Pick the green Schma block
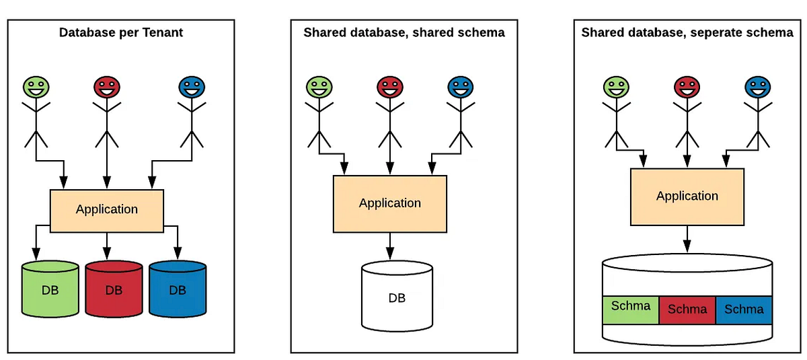[x=631, y=308]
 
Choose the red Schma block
[x=687, y=310]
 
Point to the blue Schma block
[x=744, y=310]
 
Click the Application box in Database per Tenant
[x=107, y=209]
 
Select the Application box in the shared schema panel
[x=390, y=203]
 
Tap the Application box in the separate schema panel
[x=687, y=196]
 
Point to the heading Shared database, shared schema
[x=404, y=32]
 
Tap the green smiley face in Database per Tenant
[x=36, y=87]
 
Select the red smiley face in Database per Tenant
[x=106, y=87]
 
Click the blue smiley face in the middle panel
[x=461, y=87]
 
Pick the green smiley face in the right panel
[x=615, y=87]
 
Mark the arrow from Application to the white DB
[x=390, y=246]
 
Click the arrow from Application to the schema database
[x=687, y=239]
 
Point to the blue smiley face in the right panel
[x=758, y=87]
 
